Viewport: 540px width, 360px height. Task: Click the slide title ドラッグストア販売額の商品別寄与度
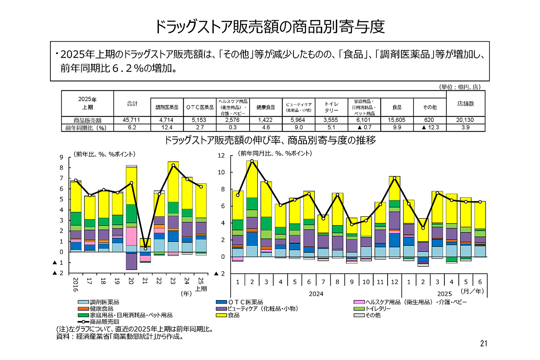pos(270,26)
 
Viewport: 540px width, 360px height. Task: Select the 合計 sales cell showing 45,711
pos(132,120)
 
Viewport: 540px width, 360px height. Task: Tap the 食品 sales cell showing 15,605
pos(396,120)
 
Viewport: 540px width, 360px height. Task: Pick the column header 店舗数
pos(466,104)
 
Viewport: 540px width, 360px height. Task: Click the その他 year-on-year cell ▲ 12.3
pos(430,127)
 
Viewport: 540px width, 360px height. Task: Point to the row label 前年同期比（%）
pos(87,128)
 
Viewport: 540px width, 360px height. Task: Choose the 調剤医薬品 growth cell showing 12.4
pos(167,127)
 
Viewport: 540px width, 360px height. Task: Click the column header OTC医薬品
pos(200,107)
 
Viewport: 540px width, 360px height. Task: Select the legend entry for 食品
pos(233,315)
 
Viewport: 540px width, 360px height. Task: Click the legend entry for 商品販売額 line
pos(104,322)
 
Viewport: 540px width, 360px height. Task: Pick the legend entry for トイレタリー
pos(378,309)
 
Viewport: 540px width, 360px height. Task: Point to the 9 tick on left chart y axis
pos(62,157)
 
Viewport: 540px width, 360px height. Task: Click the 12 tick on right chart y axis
pos(221,155)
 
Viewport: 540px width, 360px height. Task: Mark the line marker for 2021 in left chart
pos(145,248)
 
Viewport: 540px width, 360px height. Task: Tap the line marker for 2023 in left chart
pos(173,165)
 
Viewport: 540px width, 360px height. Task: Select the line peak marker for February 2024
pos(252,161)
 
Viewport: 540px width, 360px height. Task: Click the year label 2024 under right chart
pos(316,294)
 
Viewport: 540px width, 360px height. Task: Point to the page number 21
pos(484,343)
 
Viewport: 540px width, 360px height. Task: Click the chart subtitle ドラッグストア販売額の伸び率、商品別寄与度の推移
pos(270,140)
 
